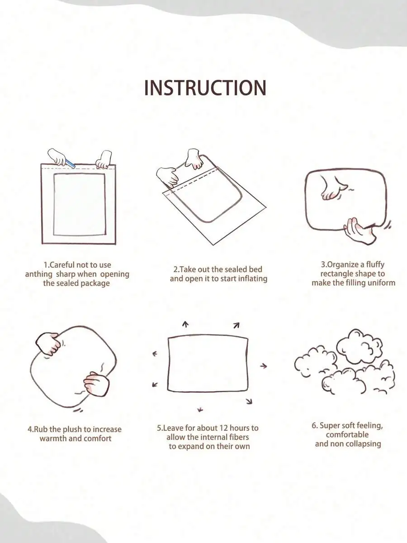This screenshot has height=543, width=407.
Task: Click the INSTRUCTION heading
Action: [x=205, y=87]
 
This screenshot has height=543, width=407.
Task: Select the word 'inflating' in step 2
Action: [x=252, y=279]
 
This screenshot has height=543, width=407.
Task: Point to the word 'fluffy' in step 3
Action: [x=375, y=264]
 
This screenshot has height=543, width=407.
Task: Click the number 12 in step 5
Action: [x=224, y=428]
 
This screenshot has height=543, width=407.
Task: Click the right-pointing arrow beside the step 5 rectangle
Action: [x=264, y=365]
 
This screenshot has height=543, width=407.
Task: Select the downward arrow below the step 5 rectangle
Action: [x=199, y=410]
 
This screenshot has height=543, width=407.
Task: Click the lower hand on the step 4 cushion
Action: [x=96, y=384]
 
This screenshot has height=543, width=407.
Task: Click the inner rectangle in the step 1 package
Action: [x=80, y=205]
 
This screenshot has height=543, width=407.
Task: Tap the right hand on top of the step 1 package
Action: [x=104, y=159]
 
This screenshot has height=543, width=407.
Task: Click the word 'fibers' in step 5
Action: [x=239, y=437]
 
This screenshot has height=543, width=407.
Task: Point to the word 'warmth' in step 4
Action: [x=53, y=439]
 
